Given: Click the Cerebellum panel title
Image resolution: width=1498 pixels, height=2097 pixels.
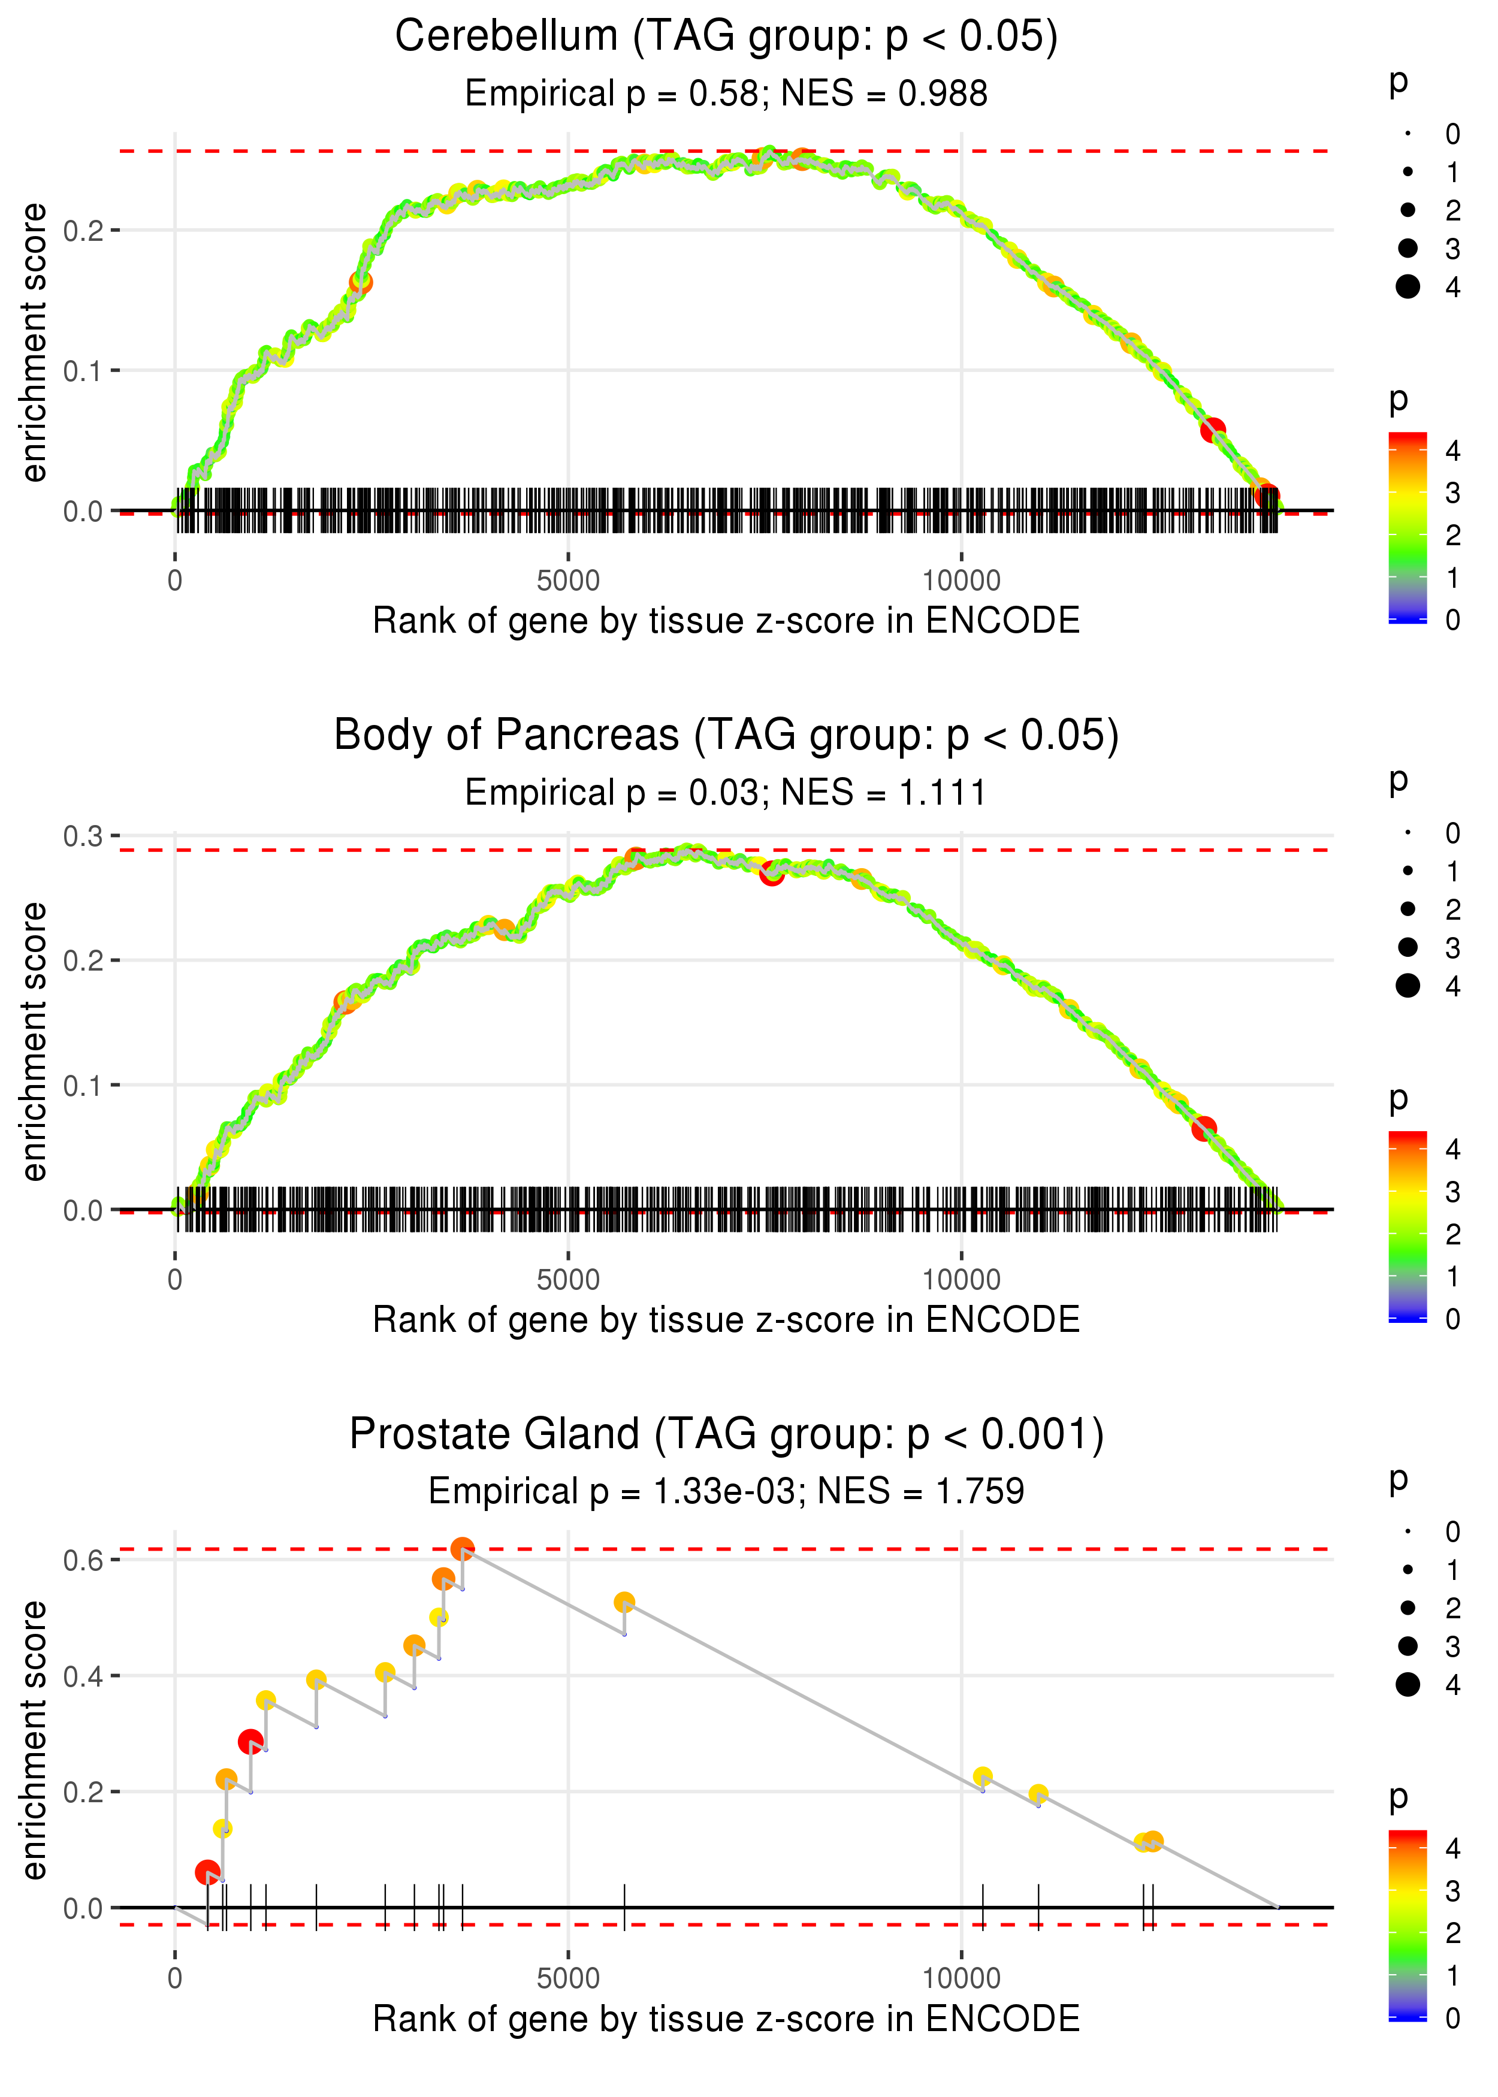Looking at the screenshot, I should [726, 37].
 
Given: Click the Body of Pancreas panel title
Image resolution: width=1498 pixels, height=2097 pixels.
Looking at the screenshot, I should [726, 736].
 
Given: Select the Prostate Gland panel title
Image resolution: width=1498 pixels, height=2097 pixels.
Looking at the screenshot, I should [726, 1435].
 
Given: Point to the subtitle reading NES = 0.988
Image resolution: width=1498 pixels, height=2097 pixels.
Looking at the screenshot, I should [884, 94].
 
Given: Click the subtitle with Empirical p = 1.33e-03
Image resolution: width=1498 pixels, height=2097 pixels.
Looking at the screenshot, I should [612, 1492].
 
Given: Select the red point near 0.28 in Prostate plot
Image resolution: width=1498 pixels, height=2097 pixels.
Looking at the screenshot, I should [250, 1741].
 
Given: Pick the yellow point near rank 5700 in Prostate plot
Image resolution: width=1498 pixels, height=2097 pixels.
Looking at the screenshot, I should [624, 1602].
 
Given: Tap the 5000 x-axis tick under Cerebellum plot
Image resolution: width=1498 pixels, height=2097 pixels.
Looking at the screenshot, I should [568, 581].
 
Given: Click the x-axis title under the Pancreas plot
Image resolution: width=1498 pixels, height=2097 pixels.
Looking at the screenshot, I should [726, 1321].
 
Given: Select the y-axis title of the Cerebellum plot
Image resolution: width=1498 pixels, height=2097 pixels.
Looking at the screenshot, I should [34, 343].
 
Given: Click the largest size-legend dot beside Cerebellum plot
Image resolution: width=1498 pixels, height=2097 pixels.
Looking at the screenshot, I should [1408, 287].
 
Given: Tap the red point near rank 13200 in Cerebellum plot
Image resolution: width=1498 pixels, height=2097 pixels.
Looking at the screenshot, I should [1212, 430].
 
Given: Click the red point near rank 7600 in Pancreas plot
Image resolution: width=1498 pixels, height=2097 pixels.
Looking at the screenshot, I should [772, 874].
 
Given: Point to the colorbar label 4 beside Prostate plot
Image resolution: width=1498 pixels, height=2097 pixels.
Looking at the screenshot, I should [1453, 1847].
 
